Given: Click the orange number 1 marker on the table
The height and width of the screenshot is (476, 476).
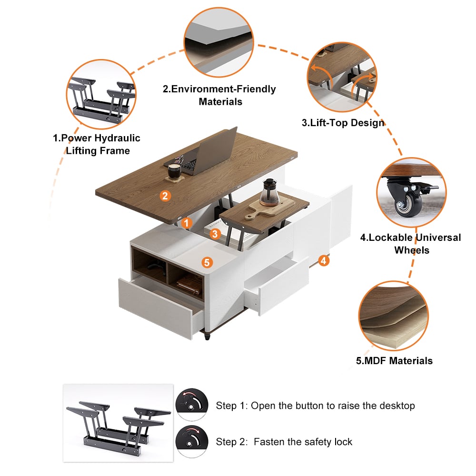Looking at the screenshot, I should pos(187,223).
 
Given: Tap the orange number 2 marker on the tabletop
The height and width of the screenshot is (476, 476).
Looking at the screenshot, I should pos(165,195).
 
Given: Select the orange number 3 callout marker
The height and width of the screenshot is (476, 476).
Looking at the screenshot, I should pos(215,234).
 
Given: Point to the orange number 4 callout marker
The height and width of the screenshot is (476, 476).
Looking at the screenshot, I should pos(323,260).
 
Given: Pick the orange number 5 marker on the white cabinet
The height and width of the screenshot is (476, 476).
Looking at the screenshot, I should pos(206,262).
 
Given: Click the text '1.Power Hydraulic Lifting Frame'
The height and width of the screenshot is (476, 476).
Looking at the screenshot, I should pos(97,144).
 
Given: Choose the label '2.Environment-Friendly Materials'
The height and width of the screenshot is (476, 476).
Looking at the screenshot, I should pos(220,95).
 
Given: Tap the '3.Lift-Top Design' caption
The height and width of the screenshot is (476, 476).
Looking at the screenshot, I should pos(343,123).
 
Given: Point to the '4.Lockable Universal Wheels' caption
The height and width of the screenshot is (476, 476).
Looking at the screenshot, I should pos(412,243).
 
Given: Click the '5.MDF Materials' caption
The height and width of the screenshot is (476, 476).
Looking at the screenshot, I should pos(394,360).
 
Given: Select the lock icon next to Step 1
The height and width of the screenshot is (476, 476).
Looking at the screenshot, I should pos(192,405).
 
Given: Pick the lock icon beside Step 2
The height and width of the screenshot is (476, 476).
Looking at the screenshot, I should pos(192,441).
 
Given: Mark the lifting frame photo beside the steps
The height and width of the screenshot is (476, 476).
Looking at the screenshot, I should pos(118,423).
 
